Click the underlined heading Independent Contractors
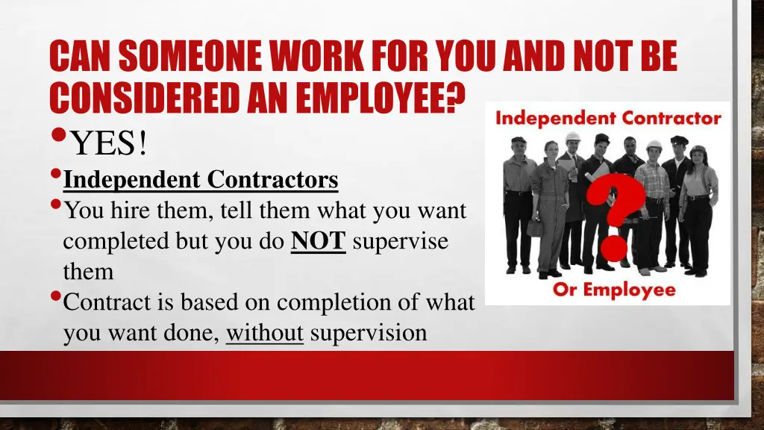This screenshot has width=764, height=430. [x=201, y=180]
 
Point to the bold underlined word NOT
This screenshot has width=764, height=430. [x=318, y=242]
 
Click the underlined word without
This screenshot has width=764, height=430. [x=264, y=332]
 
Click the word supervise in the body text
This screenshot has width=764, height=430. [x=400, y=242]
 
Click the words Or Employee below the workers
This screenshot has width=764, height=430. [x=614, y=290]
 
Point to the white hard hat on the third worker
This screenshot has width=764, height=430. [x=573, y=137]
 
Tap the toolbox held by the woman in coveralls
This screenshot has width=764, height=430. [x=535, y=228]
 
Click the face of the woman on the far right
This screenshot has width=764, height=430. [x=698, y=158]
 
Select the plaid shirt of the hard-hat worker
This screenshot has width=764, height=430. [x=654, y=180]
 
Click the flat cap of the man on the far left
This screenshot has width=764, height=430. [x=519, y=140]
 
